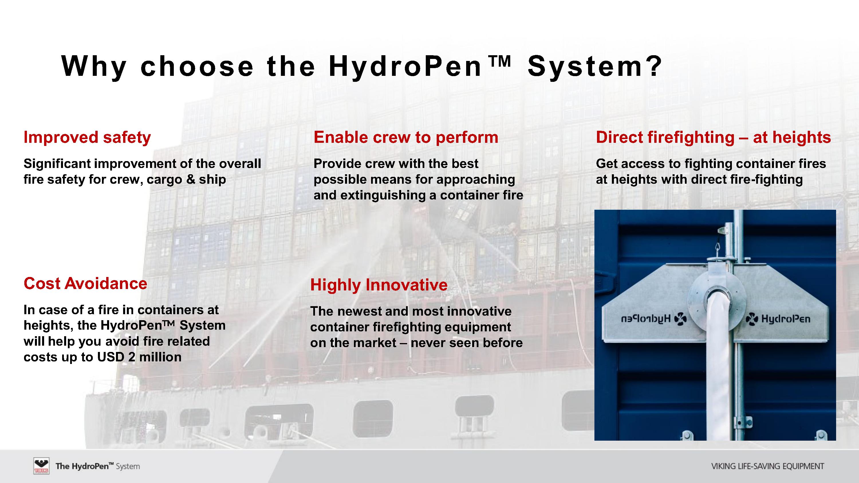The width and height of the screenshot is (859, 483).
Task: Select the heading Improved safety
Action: tap(87, 138)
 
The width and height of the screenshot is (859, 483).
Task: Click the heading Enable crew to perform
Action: tap(406, 137)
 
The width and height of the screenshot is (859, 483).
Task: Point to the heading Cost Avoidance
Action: tap(85, 283)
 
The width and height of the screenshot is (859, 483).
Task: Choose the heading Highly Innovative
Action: tap(379, 285)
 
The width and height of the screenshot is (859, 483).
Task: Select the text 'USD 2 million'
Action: tap(139, 357)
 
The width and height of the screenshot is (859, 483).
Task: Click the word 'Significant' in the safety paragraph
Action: tap(57, 164)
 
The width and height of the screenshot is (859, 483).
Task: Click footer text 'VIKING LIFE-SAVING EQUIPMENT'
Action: tap(768, 466)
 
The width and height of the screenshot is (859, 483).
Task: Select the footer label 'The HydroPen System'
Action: tap(98, 466)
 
